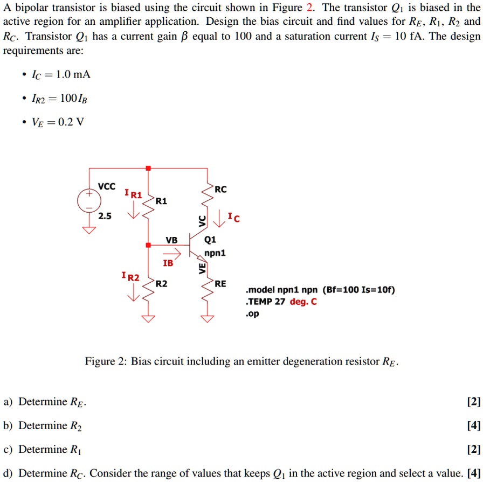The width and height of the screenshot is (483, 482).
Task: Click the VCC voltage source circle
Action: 89,202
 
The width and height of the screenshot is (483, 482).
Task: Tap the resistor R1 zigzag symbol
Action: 149,207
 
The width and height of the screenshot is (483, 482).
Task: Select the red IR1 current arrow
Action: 133,213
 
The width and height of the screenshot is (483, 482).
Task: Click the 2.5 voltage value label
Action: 105,216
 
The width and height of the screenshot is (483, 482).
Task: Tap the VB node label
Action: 171,240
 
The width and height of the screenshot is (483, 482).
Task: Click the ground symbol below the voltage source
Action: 89,230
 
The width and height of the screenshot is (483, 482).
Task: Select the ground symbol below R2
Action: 149,318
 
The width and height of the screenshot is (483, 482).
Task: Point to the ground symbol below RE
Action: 208,318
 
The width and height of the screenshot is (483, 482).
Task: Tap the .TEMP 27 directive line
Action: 281,302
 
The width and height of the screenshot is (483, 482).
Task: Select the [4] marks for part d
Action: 474,473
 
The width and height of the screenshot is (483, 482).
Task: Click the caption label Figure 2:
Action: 105,361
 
